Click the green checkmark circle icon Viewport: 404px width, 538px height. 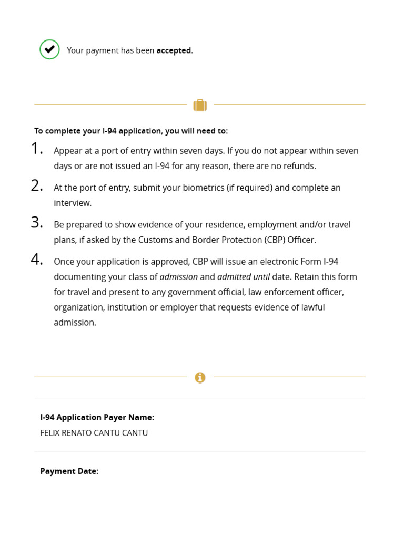(49, 49)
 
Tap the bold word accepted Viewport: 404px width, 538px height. (174, 50)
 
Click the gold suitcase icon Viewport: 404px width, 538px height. (200, 105)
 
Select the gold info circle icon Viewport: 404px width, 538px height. (200, 377)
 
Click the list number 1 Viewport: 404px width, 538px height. (36, 149)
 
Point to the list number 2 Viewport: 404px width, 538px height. (36, 186)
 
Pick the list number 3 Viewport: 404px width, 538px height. (36, 223)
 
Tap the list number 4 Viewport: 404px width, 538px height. (36, 260)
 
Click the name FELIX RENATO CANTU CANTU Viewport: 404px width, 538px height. (94, 433)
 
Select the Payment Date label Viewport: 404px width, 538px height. (69, 471)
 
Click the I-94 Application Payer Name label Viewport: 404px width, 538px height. (97, 417)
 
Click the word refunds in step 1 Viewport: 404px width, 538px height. (299, 166)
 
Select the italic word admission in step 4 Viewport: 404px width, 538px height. (178, 276)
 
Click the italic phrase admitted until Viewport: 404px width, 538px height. (243, 276)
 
